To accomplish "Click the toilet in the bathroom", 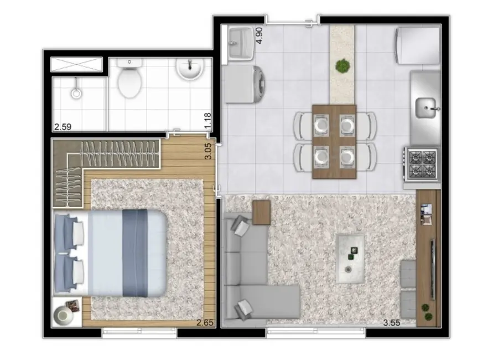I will [131, 82].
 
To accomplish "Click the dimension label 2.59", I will [64, 127].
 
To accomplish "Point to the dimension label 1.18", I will [208, 121].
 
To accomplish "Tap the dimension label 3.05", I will [208, 151].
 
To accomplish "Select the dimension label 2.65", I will [204, 322].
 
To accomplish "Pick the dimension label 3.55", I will [392, 322].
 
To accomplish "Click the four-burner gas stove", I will [422, 163].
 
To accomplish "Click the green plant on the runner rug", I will [343, 66].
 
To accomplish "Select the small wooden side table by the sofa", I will [261, 212].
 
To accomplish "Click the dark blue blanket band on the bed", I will [135, 252].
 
